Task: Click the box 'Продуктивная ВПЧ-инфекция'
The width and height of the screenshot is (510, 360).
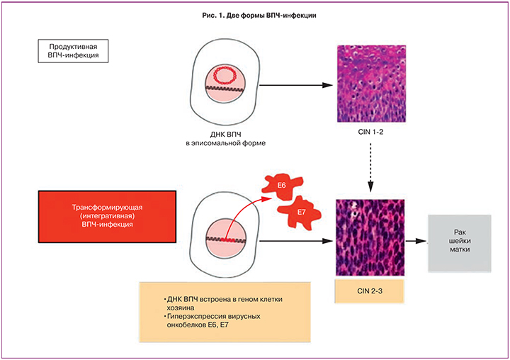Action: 72,52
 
